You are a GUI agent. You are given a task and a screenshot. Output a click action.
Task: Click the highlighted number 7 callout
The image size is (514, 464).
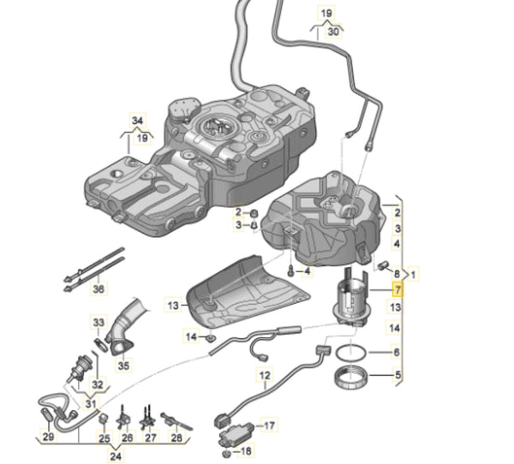click(397, 291)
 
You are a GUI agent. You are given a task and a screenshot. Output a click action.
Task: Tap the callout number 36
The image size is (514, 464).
click(98, 289)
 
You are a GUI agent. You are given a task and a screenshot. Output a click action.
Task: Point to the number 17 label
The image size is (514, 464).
click(269, 425)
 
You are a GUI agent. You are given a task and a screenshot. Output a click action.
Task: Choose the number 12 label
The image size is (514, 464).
click(265, 375)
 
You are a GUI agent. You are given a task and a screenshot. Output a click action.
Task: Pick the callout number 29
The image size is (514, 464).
click(48, 437)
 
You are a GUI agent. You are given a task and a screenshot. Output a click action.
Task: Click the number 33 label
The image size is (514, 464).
click(98, 322)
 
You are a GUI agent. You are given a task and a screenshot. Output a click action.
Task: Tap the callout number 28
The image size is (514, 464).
click(176, 437)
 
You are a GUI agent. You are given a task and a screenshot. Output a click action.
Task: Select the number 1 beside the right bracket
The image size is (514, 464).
click(415, 274)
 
